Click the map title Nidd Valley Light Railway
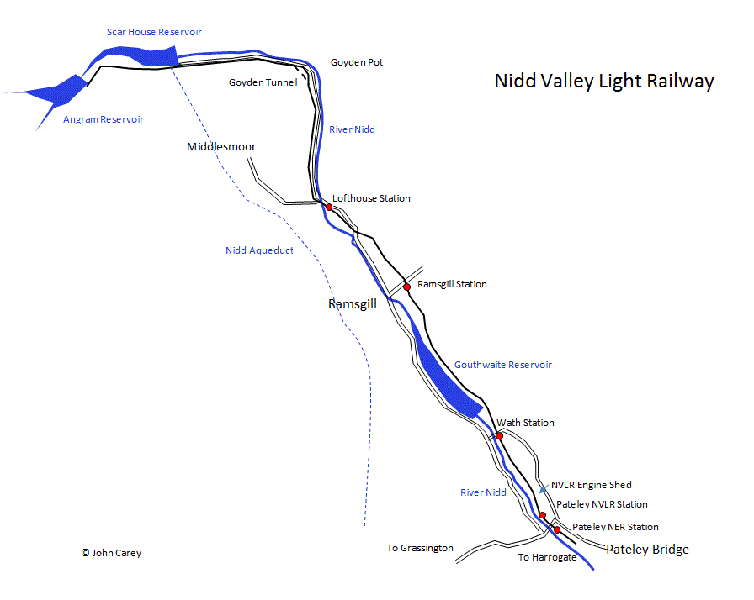tap(603, 82)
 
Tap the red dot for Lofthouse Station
tap(329, 207)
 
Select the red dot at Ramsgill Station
tap(406, 287)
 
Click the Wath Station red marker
tap(499, 435)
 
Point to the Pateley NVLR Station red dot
tap(543, 515)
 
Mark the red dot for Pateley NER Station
tap(557, 529)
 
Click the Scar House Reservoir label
tap(154, 32)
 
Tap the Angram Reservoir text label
tap(104, 119)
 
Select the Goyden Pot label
tap(357, 62)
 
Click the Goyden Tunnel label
tap(263, 82)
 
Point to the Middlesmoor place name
tap(220, 147)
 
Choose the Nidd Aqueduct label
tap(259, 250)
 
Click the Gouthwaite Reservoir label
tap(503, 365)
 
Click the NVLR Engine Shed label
tap(591, 485)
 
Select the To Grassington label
tap(420, 548)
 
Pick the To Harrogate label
tap(547, 557)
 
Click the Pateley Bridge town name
tap(647, 550)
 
